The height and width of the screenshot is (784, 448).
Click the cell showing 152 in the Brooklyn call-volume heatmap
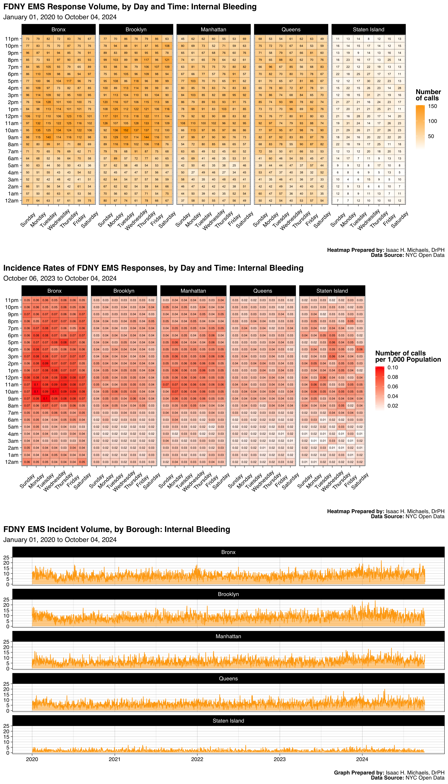click(126, 130)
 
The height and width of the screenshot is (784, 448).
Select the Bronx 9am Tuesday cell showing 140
click(48, 137)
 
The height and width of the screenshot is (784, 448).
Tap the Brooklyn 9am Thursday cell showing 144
click(146, 137)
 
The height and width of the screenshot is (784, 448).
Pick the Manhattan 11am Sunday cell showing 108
click(183, 123)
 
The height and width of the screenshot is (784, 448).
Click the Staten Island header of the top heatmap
click(368, 30)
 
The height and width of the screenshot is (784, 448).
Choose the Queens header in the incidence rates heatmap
click(262, 291)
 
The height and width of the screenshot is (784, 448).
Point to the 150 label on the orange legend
click(433, 106)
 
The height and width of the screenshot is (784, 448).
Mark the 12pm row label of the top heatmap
click(12, 116)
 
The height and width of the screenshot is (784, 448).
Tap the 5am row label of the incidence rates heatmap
click(13, 427)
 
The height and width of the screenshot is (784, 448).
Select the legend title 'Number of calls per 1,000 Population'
click(408, 356)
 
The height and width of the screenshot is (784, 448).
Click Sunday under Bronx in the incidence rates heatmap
click(27, 481)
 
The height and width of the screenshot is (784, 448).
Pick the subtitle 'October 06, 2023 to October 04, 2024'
click(60, 278)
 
